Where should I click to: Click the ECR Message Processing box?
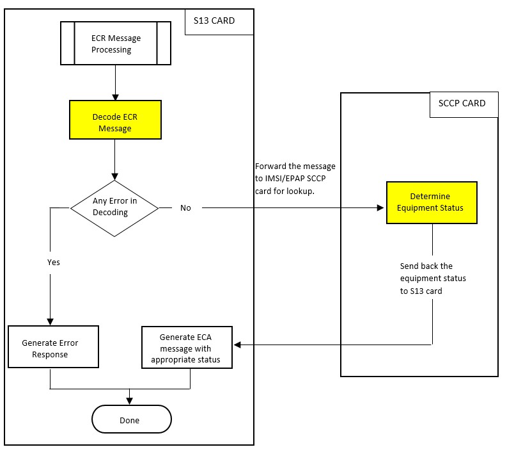coord(115,44)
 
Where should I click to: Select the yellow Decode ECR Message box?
coord(115,120)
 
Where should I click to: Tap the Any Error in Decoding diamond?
coord(114,207)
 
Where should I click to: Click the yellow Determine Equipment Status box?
coord(432,202)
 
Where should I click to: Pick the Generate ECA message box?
coord(186,348)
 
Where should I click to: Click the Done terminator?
coord(132,420)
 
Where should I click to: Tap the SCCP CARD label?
coord(462,104)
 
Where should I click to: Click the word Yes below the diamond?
coord(54,263)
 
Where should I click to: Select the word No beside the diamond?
coord(185,207)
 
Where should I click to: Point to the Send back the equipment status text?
coord(433,278)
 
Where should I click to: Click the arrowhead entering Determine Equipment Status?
coord(382,207)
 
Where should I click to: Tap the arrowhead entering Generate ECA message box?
coord(237,345)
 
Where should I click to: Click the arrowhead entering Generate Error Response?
coord(51,321)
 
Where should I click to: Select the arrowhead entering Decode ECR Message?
coord(115,97)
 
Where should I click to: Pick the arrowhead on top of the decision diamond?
coord(115,176)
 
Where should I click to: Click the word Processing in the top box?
coord(115,49)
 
